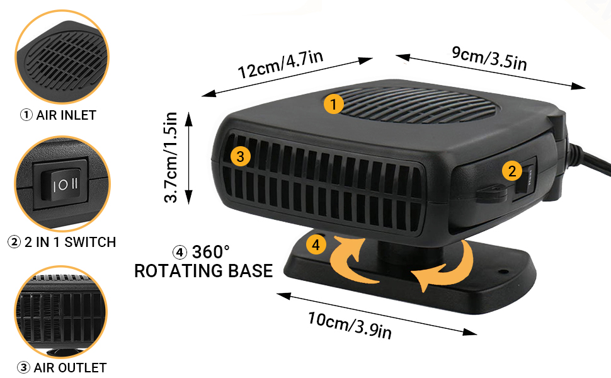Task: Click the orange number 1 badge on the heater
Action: [333, 104]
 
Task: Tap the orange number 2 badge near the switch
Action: [511, 171]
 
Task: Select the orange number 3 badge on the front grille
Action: [240, 156]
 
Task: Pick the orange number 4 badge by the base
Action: [316, 244]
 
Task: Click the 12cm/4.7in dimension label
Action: [280, 65]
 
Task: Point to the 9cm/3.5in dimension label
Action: [489, 59]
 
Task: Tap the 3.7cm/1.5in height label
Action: [171, 157]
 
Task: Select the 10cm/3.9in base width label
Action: [350, 325]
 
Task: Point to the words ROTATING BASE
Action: [203, 271]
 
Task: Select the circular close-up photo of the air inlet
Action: [62, 57]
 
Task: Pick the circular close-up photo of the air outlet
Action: [61, 312]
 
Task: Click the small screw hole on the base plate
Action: [503, 272]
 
